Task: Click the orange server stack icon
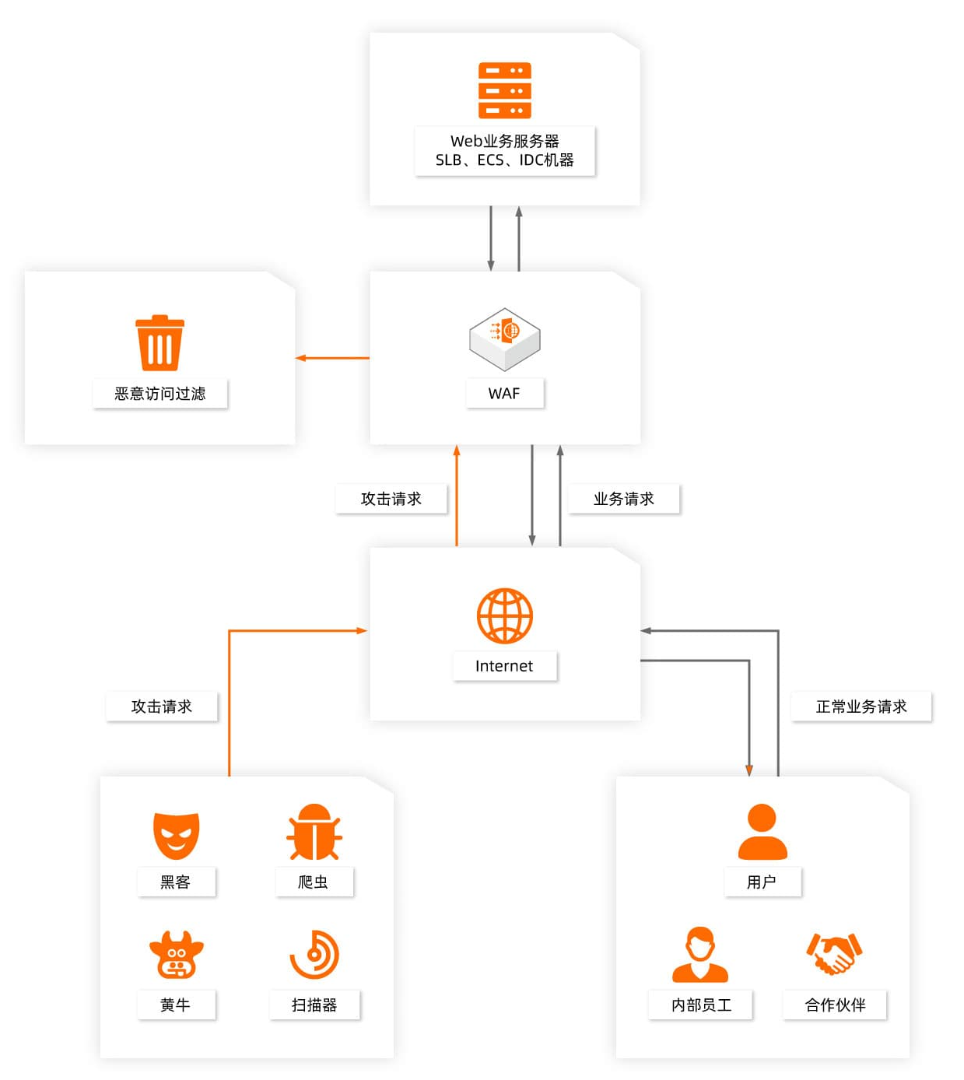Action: coord(504,90)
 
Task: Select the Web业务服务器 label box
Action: coord(504,150)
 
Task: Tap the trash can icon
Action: coord(159,343)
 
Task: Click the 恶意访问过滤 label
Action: coord(159,394)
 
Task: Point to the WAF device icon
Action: coord(504,338)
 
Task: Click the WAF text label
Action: coord(504,394)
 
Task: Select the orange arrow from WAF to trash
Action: coord(332,358)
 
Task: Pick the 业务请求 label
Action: coord(623,499)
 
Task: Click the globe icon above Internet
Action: coord(504,615)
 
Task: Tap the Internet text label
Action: coord(504,666)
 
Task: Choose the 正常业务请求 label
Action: coord(861,707)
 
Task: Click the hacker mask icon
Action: coord(176,836)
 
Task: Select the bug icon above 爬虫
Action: coord(314,833)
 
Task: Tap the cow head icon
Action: coord(176,955)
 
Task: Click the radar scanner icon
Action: coord(314,955)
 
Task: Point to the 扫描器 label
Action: coord(314,1005)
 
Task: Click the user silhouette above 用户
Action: coord(762,831)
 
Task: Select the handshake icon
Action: coord(834,953)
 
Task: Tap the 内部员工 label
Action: coord(701,1005)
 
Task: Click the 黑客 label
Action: coord(176,882)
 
